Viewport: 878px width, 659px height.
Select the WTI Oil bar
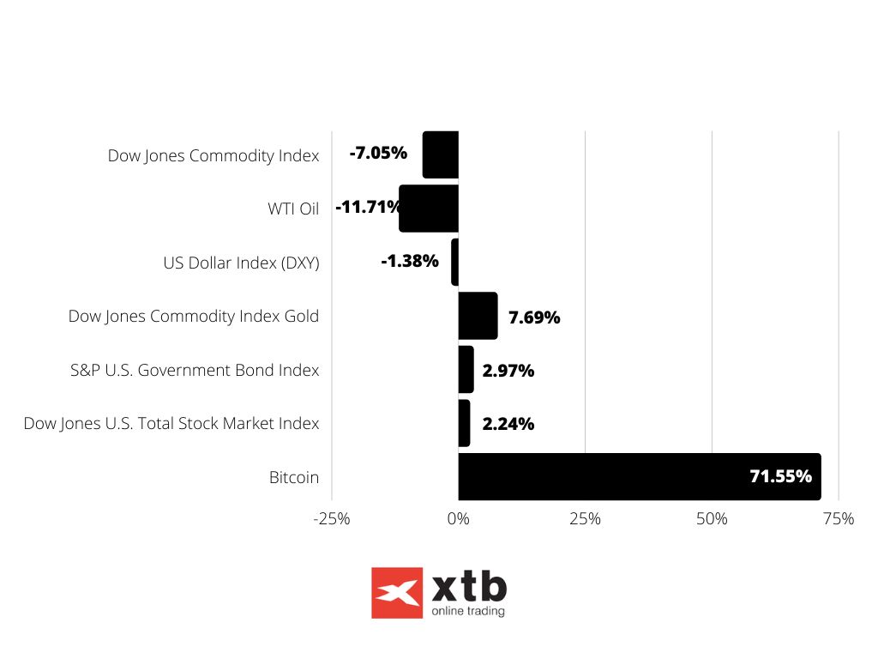point(429,209)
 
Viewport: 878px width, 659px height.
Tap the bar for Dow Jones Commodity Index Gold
point(478,316)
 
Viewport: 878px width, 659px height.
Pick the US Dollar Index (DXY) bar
point(455,262)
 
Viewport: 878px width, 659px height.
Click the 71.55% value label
point(780,476)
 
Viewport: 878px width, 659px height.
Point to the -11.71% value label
point(368,207)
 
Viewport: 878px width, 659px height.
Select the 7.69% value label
point(534,317)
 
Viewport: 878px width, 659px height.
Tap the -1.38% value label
point(410,261)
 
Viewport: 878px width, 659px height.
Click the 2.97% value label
point(508,371)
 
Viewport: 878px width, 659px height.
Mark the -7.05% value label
point(378,154)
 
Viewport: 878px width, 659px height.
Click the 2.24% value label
point(508,424)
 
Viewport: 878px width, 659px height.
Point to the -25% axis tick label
point(332,519)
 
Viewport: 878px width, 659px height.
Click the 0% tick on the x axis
point(459,519)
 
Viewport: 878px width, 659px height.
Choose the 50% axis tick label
point(712,519)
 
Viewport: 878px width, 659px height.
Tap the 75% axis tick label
point(838,519)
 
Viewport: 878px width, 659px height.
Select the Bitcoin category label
point(294,477)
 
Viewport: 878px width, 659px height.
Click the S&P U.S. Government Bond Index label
point(195,371)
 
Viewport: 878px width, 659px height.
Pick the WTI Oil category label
point(292,209)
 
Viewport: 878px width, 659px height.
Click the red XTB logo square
point(397,593)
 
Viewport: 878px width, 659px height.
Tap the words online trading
point(468,612)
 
